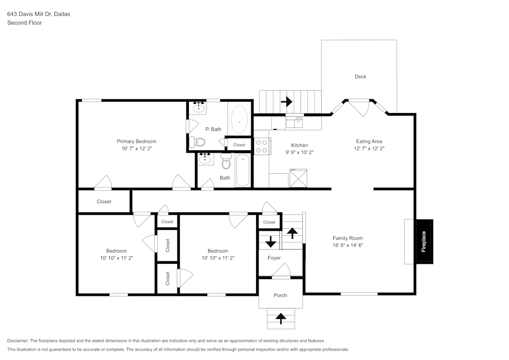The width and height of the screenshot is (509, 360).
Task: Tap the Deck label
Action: click(x=360, y=77)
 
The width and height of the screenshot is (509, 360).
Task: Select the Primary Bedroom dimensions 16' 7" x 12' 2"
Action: click(x=136, y=149)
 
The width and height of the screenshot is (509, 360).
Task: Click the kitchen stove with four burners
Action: click(x=262, y=147)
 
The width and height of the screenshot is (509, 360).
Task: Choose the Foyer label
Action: click(x=274, y=258)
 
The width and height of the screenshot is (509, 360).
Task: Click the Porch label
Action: click(x=280, y=295)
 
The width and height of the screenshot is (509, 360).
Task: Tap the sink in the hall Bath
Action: click(x=205, y=159)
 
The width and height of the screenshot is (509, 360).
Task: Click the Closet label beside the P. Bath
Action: click(x=239, y=145)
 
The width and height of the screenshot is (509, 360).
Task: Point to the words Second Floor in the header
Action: click(x=24, y=23)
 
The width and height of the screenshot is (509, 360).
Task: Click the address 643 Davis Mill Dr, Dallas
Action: click(x=39, y=14)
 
